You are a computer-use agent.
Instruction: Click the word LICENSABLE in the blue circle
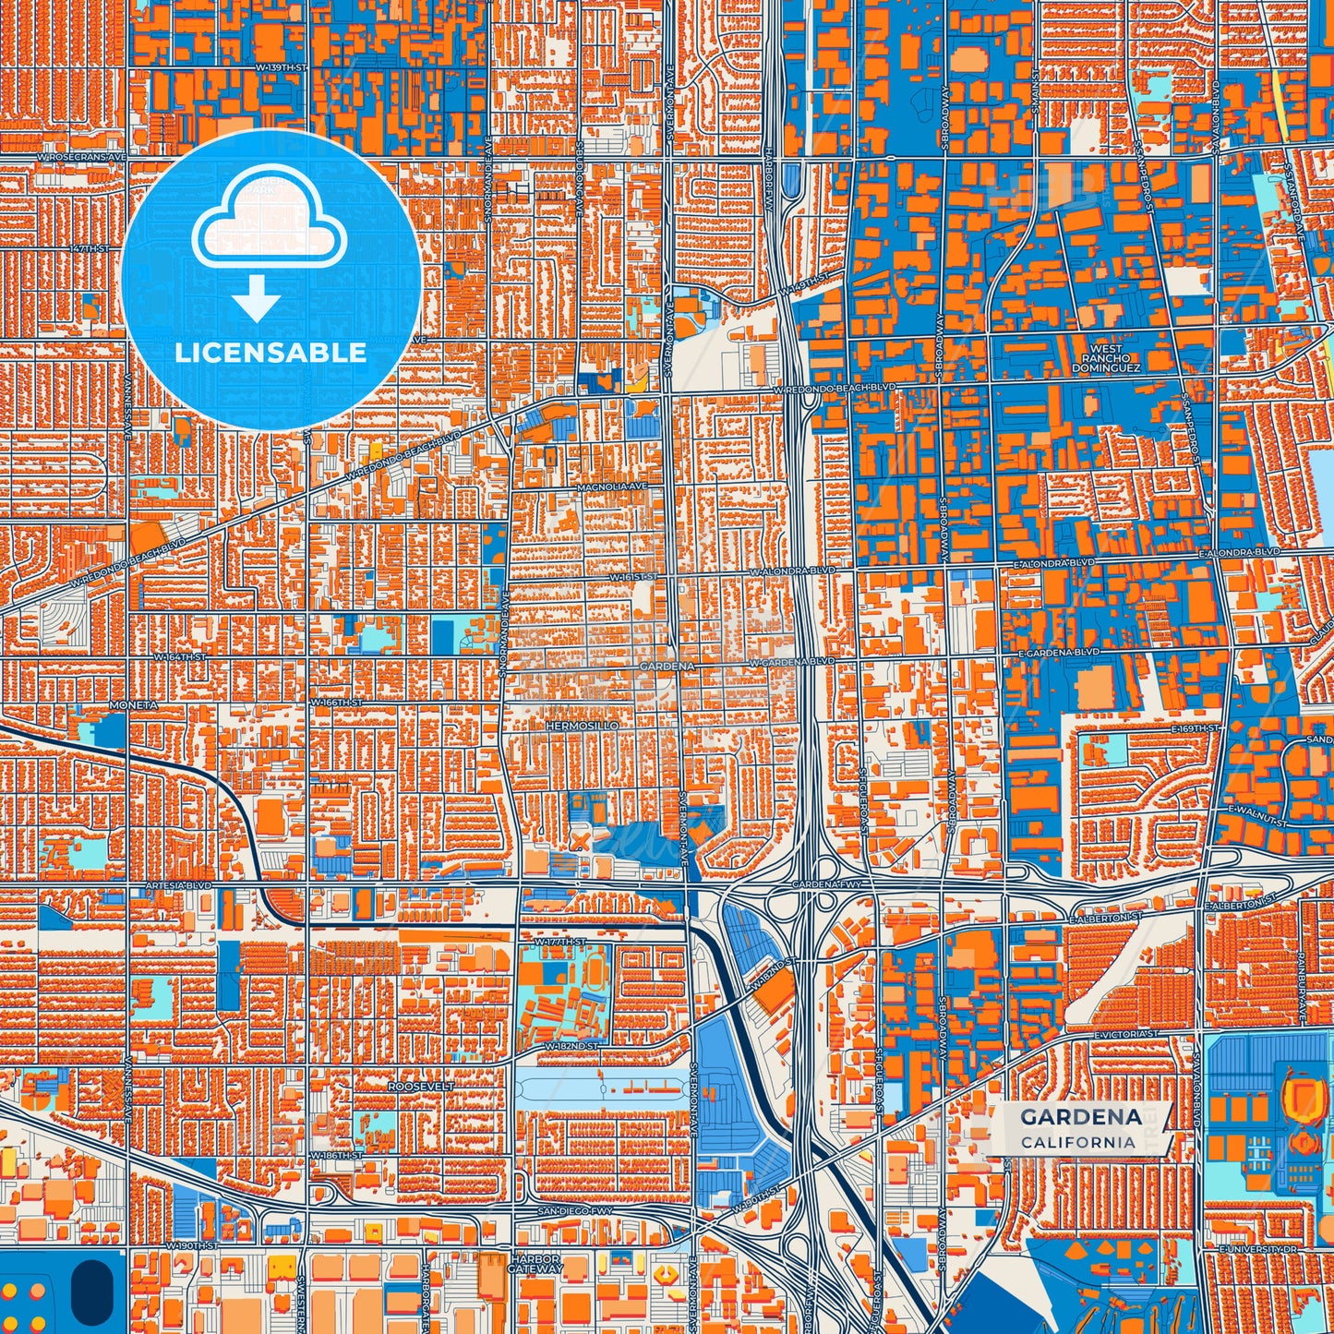pyautogui.click(x=270, y=353)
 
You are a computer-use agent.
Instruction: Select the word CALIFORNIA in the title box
pyautogui.click(x=1078, y=1142)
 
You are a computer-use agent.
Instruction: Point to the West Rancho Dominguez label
pyautogui.click(x=1106, y=358)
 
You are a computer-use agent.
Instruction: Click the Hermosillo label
pyautogui.click(x=582, y=727)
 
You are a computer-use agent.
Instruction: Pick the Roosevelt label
pyautogui.click(x=421, y=1087)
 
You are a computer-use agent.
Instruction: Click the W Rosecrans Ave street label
pyautogui.click(x=81, y=158)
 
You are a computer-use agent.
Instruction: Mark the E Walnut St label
pyautogui.click(x=1257, y=814)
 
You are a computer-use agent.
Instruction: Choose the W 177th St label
pyautogui.click(x=560, y=940)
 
